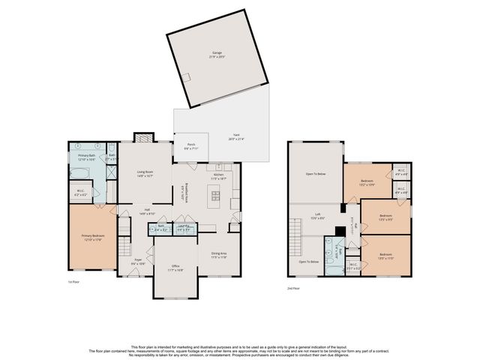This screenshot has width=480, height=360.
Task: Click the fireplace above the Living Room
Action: tap(143, 137)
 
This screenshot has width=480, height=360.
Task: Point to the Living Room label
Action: tap(145, 173)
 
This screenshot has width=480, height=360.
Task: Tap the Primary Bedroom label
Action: tap(91, 238)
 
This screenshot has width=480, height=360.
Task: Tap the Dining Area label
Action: tap(218, 256)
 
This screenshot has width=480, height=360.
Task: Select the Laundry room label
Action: tap(183, 228)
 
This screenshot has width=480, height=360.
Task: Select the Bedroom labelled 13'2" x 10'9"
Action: tap(367, 182)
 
